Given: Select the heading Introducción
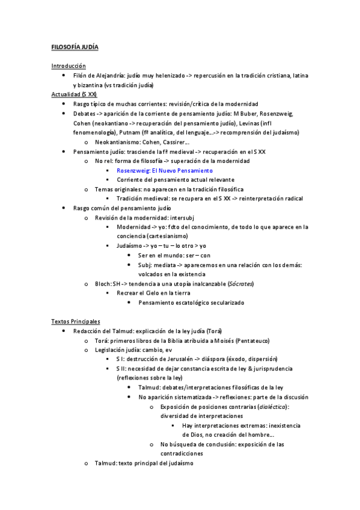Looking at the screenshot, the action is (69, 66).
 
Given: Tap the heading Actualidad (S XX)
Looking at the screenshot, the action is (74, 94).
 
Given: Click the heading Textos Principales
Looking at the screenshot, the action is (76, 322).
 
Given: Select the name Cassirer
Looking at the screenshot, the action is (177, 142).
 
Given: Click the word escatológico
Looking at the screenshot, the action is (189, 303).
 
